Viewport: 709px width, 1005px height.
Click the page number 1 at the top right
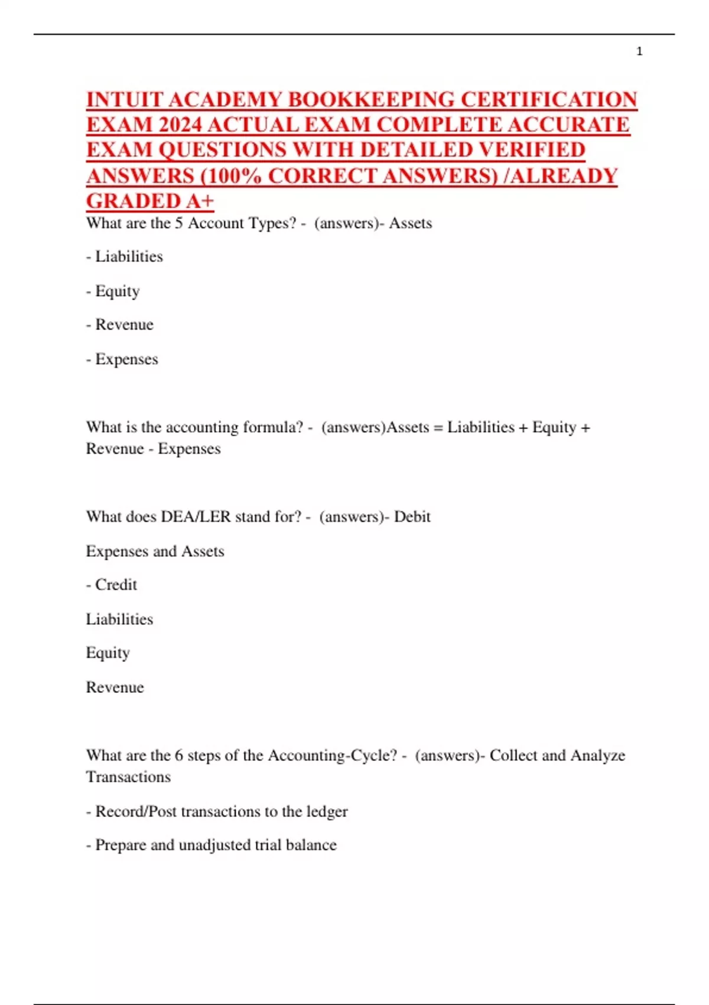click(639, 51)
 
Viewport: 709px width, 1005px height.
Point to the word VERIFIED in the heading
click(531, 151)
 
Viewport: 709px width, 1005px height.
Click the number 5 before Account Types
click(179, 223)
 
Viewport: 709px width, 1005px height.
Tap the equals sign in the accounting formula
click(438, 427)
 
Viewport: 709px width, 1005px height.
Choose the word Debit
click(412, 517)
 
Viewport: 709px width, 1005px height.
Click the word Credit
click(116, 585)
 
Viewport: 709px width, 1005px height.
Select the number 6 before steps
click(179, 756)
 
